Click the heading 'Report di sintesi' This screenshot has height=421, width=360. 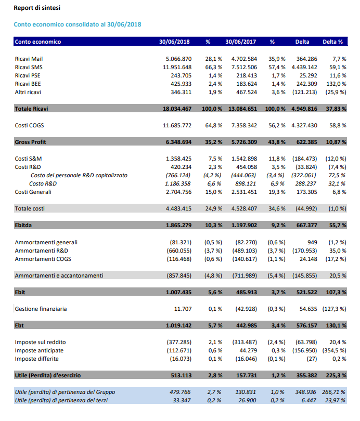pos(36,9)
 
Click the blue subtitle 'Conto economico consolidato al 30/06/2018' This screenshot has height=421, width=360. pos(78,24)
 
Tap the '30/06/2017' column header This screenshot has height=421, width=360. pos(241,42)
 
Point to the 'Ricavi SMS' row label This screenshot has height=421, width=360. pos(29,67)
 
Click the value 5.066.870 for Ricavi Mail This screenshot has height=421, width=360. pos(178,59)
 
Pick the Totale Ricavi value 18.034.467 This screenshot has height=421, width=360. pos(177,109)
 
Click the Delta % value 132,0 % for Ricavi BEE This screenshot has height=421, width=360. pos(337,84)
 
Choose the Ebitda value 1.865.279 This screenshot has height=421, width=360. pos(178,225)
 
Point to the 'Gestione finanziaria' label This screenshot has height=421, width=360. pos(41,309)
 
